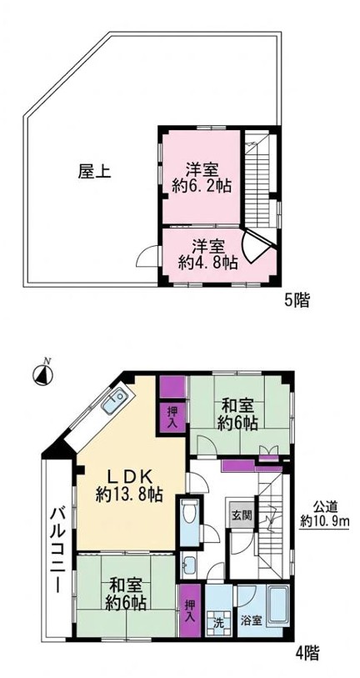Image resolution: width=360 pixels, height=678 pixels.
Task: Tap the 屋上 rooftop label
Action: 94,172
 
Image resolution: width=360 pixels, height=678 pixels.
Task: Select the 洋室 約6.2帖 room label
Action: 202,178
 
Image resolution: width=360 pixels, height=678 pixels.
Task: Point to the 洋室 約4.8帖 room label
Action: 208,255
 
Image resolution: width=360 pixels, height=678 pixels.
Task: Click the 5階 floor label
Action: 297,299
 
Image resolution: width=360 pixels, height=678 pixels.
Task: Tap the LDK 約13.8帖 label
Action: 129,486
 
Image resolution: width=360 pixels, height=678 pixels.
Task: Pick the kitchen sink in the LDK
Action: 115,401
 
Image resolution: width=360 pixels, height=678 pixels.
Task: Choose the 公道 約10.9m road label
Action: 324,513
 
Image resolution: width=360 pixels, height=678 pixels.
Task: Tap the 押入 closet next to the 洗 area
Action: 190,610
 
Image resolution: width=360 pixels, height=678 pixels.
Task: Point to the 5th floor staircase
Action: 258,179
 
